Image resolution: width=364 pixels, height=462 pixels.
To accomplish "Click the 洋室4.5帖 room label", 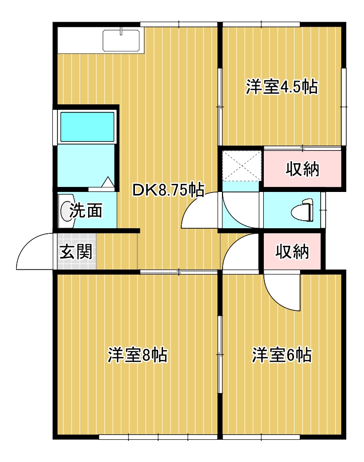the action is tap(281, 87).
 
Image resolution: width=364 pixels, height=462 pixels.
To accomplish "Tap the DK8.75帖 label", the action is tap(168, 190).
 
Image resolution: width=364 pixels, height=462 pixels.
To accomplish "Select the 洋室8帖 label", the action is tap(137, 355).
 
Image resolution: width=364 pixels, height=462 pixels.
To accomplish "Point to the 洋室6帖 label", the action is tap(281, 355).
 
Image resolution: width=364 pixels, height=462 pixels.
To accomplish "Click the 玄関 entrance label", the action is tap(77, 251).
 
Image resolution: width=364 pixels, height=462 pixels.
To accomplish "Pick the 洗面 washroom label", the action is tap(86, 211).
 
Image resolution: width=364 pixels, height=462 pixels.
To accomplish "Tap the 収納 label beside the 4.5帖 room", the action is tap(303, 169).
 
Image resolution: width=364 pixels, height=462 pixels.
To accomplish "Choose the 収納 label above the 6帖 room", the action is tap(292, 251).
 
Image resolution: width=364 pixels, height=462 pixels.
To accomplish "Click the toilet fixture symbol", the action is tap(302, 210).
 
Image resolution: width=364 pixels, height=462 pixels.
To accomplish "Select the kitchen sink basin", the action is tap(121, 41).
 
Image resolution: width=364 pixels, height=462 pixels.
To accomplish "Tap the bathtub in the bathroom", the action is tap(87, 126).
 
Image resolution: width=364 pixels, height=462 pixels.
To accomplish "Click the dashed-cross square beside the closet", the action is tap(242, 166).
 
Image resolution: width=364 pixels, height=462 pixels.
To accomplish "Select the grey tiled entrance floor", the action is tap(77, 251).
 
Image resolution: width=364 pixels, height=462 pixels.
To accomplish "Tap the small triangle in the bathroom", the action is tap(108, 181).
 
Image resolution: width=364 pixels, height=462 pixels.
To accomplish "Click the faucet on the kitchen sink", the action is tap(121, 31).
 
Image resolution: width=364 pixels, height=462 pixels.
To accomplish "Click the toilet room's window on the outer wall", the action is tap(323, 210).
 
